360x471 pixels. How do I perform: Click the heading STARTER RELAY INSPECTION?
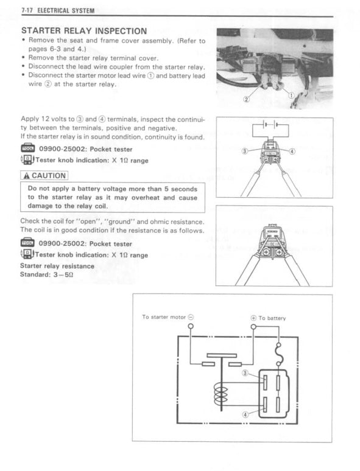click(83, 30)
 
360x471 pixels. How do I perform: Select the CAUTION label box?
click(44, 176)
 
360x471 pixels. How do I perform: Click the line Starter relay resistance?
click(57, 266)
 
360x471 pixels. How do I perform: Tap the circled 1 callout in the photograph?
click(291, 96)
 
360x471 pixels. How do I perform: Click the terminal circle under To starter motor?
click(191, 327)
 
